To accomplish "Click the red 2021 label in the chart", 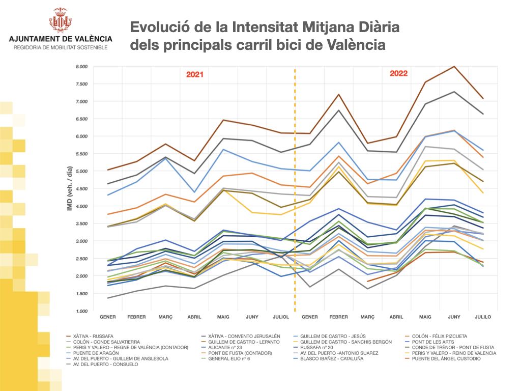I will (x=194, y=74).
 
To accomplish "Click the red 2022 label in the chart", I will (x=398, y=73).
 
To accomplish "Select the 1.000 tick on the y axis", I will (x=81, y=311).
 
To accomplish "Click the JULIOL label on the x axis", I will (x=280, y=317).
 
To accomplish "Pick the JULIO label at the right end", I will (x=482, y=317).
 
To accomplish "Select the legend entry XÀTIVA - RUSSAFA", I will (x=94, y=336).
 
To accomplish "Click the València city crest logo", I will (x=61, y=20).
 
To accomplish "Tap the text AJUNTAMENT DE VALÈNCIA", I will (x=61, y=39).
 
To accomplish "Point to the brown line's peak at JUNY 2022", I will (x=454, y=67).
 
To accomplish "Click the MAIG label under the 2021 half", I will (x=223, y=317).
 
